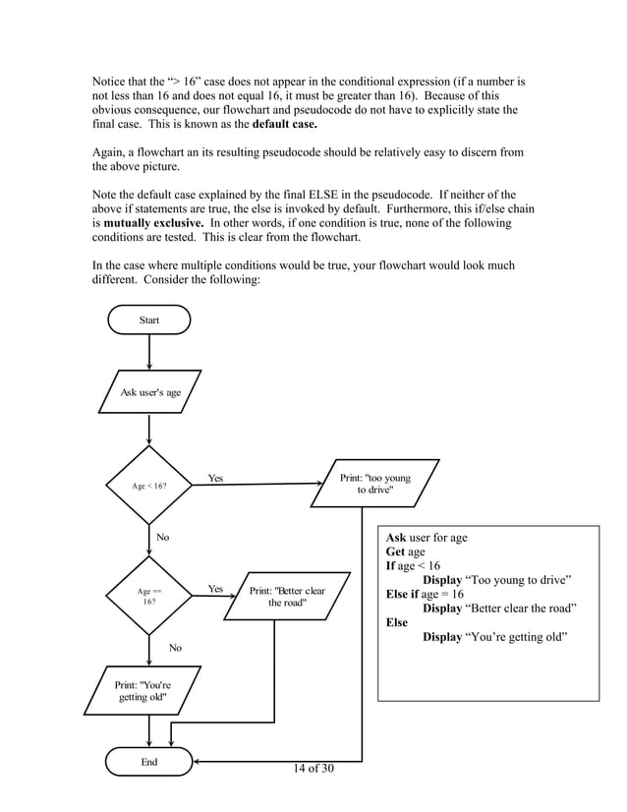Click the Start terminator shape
[x=148, y=319]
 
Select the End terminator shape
[x=148, y=762]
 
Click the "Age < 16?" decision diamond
[x=148, y=486]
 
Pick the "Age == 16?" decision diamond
[x=148, y=596]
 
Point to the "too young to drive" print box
[x=374, y=483]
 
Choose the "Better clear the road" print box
[x=286, y=597]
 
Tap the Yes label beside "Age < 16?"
[x=215, y=479]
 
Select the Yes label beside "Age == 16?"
[x=215, y=590]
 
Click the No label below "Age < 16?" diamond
[x=163, y=538]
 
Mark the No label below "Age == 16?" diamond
[x=175, y=648]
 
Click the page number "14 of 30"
[x=313, y=767]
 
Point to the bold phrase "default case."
[x=285, y=126]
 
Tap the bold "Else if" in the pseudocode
[x=402, y=594]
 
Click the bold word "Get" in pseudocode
[x=395, y=552]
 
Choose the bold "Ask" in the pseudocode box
[x=396, y=538]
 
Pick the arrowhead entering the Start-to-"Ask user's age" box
[x=148, y=365]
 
